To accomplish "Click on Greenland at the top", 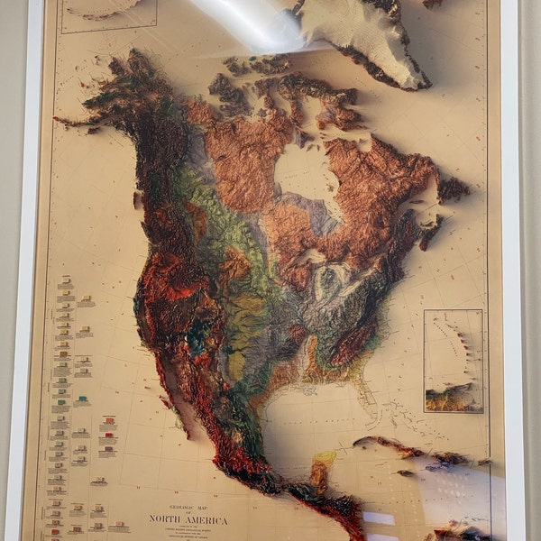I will tap(361, 36).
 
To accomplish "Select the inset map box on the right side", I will tap(453, 361).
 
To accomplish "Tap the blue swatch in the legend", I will tap(83, 398).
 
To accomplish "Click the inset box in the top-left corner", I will tap(108, 15).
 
